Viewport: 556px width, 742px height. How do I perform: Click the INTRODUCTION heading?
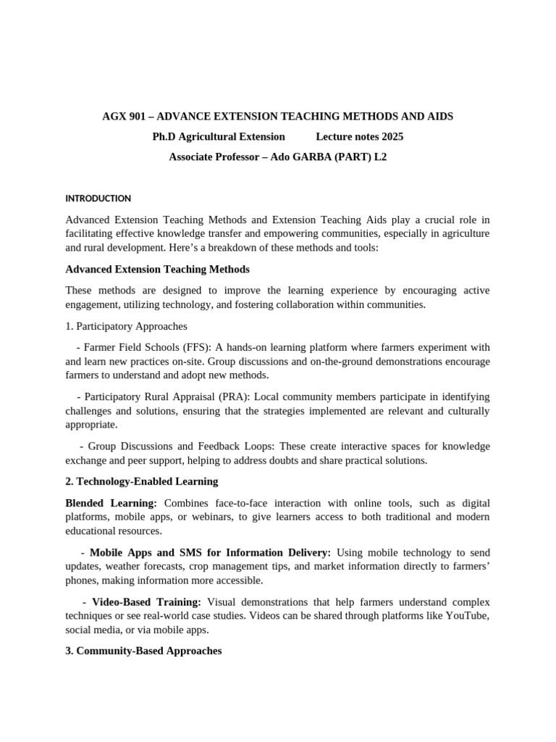coord(98,199)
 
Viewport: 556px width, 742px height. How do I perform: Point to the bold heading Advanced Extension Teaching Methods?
coord(157,270)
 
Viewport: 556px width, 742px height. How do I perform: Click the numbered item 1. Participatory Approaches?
coord(126,326)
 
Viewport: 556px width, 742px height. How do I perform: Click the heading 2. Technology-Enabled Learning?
coord(141,481)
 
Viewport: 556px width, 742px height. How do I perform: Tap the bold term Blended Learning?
coord(111,503)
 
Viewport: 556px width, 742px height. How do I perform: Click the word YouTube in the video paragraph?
coord(464,616)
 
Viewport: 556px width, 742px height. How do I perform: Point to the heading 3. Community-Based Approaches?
coord(143,651)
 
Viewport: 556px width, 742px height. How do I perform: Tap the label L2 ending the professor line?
coord(380,157)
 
